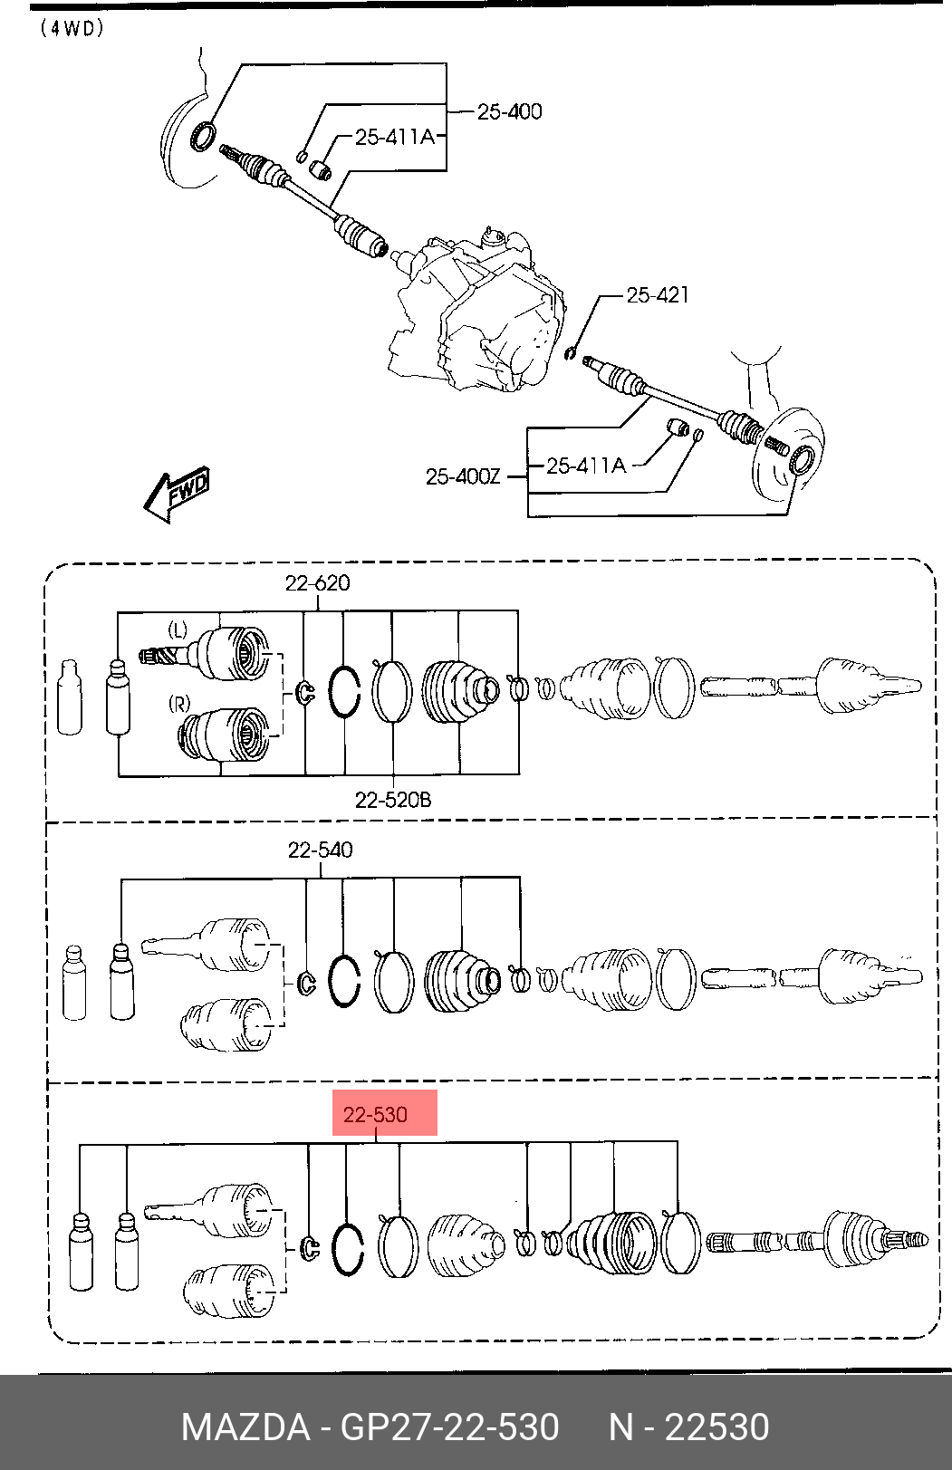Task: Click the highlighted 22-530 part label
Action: [375, 1114]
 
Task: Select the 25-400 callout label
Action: [509, 111]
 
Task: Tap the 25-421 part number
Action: [658, 295]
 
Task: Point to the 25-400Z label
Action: [463, 476]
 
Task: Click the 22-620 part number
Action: [318, 582]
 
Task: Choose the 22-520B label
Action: [393, 800]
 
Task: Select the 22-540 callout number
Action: [320, 850]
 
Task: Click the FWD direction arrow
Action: [177, 494]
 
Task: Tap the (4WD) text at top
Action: [72, 29]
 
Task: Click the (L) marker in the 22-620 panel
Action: [178, 630]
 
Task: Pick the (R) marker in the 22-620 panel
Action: [179, 705]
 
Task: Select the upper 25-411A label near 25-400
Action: [395, 137]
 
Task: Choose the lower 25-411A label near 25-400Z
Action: [587, 466]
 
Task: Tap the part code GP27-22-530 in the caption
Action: [449, 1427]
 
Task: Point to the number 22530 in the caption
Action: [717, 1427]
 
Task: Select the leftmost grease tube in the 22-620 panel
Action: [71, 697]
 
